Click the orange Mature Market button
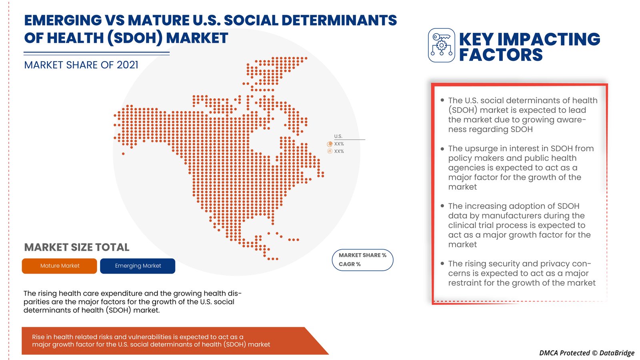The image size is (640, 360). (60, 266)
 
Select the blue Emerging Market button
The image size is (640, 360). (138, 266)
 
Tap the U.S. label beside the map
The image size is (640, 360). (338, 136)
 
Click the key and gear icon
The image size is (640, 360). (442, 45)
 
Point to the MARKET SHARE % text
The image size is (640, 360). (362, 255)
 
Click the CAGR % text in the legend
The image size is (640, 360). (350, 264)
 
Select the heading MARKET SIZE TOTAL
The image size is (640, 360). (76, 248)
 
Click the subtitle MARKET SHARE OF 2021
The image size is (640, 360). (81, 65)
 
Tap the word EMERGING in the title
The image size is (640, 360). (63, 20)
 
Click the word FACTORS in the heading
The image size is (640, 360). (500, 55)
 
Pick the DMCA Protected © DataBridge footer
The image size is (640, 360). (586, 353)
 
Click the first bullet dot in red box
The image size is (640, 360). (442, 100)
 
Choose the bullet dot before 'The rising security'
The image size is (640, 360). (442, 263)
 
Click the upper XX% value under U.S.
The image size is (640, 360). (339, 144)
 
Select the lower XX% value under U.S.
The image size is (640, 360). (339, 152)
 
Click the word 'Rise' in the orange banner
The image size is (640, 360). (38, 337)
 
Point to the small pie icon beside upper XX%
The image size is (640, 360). (330, 144)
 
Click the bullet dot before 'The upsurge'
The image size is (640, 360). (442, 148)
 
